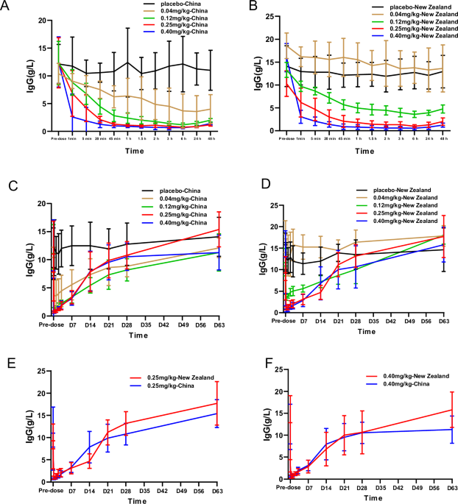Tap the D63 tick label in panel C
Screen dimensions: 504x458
(x=218, y=323)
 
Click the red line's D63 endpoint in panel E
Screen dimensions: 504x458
(x=217, y=402)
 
